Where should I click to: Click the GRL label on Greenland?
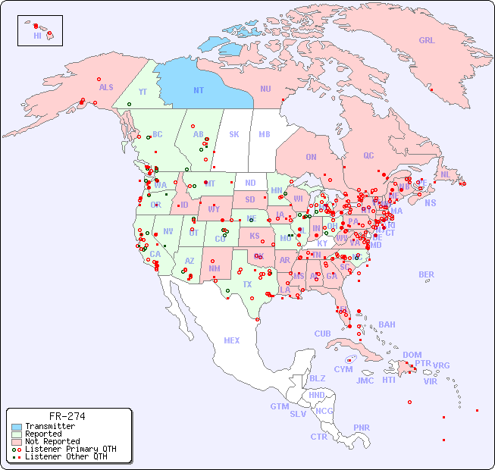coord(427,40)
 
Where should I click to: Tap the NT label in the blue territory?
coord(199,90)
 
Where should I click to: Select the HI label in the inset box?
coord(37,36)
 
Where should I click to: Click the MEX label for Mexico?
coord(232,340)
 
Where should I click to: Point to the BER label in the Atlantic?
coord(427,274)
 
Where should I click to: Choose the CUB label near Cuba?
coord(322,334)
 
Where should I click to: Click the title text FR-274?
coord(67,416)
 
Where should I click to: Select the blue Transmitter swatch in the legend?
coord(17,427)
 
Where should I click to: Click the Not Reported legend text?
coord(52,441)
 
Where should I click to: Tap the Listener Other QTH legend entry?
coord(65,456)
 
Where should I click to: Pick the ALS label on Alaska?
coord(106,87)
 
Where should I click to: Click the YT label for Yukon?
coord(143,91)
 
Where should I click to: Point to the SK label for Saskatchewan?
coord(234,134)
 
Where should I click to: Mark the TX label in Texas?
coord(247,284)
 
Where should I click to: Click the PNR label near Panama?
coord(362,428)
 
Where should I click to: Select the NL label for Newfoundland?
coord(446,174)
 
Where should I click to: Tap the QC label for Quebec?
coord(368,155)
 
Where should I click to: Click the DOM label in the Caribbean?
coord(412,355)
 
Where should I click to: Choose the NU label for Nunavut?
coord(265,89)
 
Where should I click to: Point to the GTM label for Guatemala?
coord(279,406)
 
